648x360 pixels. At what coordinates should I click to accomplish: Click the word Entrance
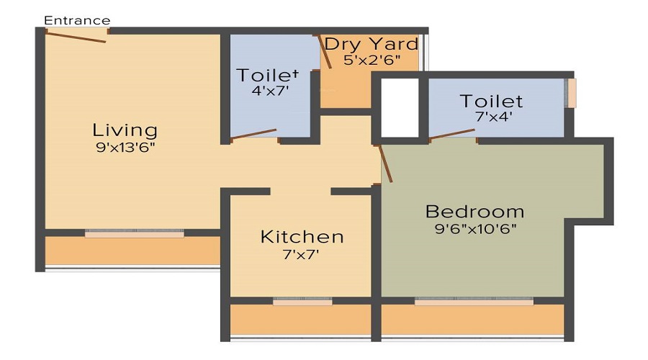coord(77,20)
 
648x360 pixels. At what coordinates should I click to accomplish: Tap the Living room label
coord(125,130)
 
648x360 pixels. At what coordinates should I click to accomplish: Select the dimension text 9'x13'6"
coord(125,148)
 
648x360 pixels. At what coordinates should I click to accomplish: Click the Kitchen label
coord(302,237)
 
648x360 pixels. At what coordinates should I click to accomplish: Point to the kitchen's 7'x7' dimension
coord(302,253)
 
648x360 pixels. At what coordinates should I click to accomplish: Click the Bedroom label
coord(474,212)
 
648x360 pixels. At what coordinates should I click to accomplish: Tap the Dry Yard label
coord(371,44)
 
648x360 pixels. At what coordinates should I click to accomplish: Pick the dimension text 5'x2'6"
coord(371,60)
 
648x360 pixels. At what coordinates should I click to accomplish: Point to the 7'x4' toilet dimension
coord(491,117)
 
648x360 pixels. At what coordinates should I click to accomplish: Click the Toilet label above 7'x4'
coord(492,101)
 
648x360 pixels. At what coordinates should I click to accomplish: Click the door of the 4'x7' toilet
coord(253,134)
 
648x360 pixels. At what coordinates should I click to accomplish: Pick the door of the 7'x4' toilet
coord(453,134)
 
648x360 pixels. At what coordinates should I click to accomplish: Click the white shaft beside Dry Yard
coord(399,107)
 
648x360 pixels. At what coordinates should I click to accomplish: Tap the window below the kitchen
coord(302,302)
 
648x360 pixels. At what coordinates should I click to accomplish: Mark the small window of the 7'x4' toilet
coord(572,93)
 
